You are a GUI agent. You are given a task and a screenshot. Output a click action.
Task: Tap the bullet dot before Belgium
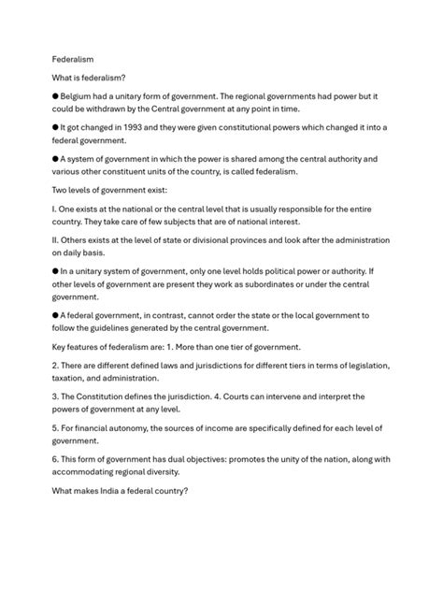coord(55,96)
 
